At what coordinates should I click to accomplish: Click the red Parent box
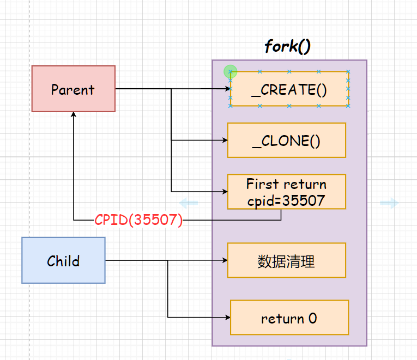73,89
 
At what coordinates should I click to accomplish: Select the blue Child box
63,260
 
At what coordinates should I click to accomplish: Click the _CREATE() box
289,89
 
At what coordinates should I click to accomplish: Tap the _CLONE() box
286,141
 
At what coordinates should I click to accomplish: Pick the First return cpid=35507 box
286,192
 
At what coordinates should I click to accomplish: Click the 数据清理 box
286,260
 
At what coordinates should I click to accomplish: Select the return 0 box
289,318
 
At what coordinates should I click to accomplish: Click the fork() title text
287,46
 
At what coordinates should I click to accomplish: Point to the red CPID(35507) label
138,220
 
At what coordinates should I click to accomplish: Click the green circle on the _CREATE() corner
231,71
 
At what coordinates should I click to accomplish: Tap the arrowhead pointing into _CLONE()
224,141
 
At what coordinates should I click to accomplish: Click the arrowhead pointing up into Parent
73,115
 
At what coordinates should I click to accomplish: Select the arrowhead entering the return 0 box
227,317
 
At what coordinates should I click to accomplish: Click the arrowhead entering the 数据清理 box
224,260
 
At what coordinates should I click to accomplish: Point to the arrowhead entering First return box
224,192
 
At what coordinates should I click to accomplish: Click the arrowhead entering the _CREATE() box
226,89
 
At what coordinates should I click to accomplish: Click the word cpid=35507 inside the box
286,200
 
